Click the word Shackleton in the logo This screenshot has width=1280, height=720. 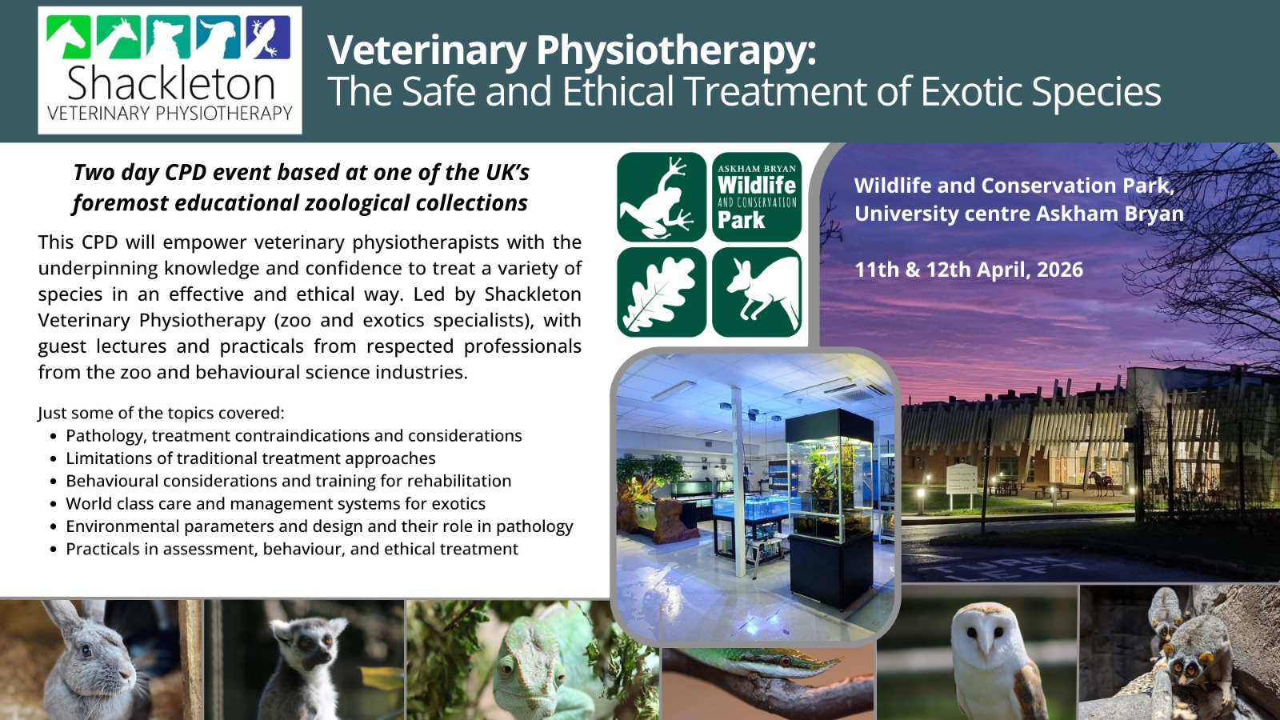(x=171, y=83)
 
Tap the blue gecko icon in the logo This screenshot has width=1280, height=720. (x=268, y=37)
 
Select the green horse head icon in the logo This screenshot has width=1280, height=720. (x=69, y=37)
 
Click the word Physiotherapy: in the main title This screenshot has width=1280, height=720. (x=676, y=51)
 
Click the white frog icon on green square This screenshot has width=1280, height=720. (x=662, y=197)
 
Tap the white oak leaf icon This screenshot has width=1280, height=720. (x=662, y=292)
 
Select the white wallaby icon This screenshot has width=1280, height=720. (x=757, y=292)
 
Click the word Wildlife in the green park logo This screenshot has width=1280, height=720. (x=757, y=185)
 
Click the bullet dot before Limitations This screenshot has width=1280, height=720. (x=54, y=459)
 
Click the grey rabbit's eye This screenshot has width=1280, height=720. (x=86, y=651)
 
